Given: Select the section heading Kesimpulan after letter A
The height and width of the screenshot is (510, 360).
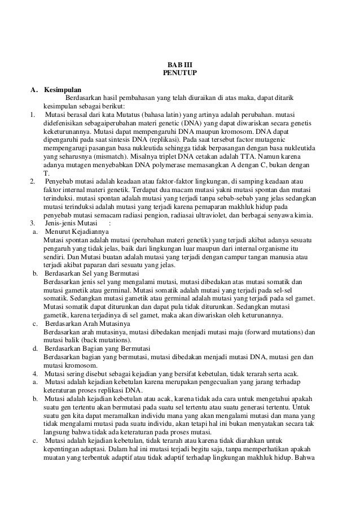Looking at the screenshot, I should coord(63,89).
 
